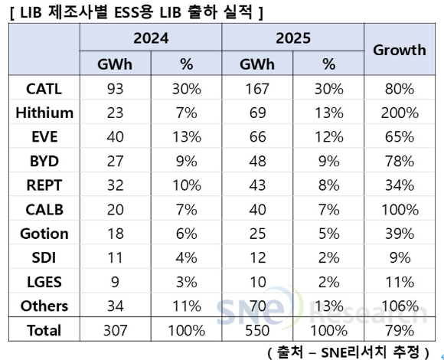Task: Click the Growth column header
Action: coord(399,50)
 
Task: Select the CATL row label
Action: coord(44,89)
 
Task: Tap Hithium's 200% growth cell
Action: coord(399,113)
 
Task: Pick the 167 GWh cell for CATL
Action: coord(258,89)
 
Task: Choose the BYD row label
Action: coord(44,162)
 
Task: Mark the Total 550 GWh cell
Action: coord(258,330)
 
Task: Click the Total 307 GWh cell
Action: coord(116,330)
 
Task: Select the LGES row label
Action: coord(44,282)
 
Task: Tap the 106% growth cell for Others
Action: coord(399,306)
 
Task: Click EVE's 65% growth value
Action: coord(399,137)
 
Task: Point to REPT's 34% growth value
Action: coord(399,185)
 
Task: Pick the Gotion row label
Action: coord(44,234)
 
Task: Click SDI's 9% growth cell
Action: coord(399,258)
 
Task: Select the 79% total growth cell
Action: coord(399,330)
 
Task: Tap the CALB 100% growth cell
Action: coord(399,210)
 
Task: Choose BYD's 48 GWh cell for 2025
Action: coord(258,162)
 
